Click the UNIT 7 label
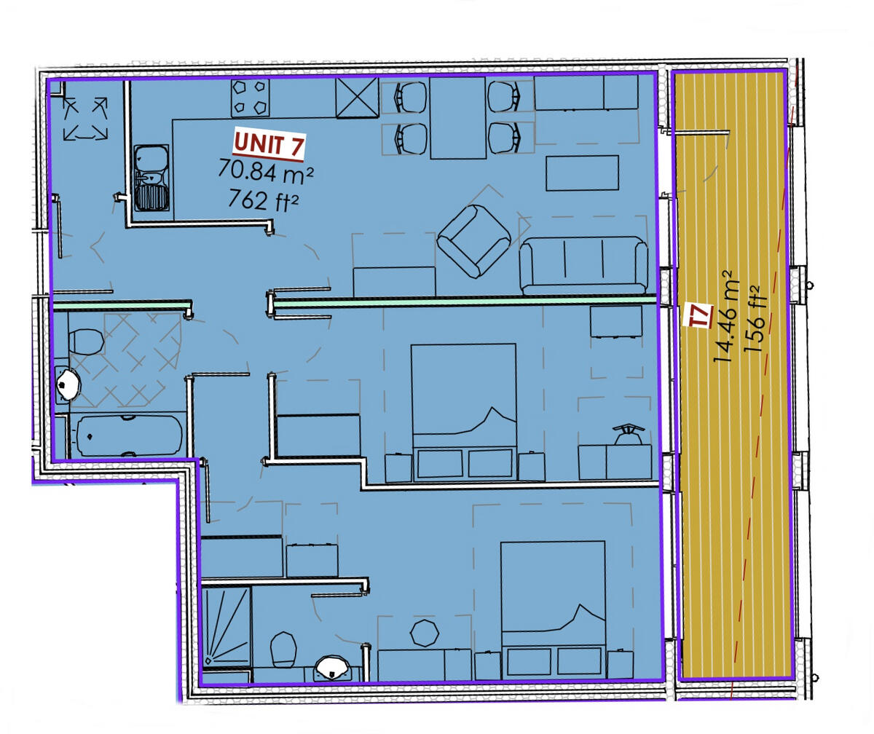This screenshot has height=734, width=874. tap(268, 144)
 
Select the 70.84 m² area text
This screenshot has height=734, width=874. tap(266, 172)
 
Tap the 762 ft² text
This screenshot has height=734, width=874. tap(263, 199)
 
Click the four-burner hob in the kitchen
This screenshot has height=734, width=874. tap(250, 98)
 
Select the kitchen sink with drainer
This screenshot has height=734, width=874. tap(151, 178)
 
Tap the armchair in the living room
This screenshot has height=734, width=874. tap(473, 241)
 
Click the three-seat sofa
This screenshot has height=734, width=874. tap(583, 266)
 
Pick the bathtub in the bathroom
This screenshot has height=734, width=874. tap(128, 435)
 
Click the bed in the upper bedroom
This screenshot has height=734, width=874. tap(464, 411)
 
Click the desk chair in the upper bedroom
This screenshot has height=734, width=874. tap(627, 434)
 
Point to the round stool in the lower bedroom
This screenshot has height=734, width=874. tap(424, 632)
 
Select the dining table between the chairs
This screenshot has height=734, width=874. tap(457, 117)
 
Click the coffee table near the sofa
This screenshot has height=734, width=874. tap(582, 173)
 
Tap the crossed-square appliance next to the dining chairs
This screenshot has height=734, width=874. tap(357, 97)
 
